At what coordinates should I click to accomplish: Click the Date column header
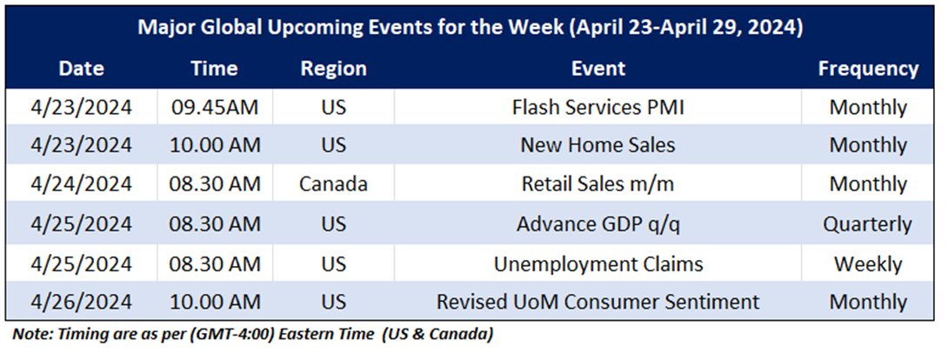pos(81,68)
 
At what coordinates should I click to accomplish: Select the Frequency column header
pos(868,68)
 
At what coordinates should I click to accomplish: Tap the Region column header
pos(334,68)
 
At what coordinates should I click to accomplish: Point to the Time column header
pos(214,68)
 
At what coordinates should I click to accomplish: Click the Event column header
pos(598,68)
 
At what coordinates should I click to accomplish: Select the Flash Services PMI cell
pos(598,107)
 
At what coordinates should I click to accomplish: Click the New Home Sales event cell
pos(598,145)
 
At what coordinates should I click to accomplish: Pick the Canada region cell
pos(334,183)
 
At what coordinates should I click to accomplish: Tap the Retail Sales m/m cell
pos(598,183)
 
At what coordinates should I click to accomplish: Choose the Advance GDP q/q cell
pos(598,224)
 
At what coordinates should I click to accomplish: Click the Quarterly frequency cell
pos(868,224)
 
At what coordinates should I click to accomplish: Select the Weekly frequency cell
pos(868,264)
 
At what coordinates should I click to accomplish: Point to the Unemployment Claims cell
pos(598,264)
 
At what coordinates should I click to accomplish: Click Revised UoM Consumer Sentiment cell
pos(598,302)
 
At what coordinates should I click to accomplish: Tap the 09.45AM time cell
pos(215,107)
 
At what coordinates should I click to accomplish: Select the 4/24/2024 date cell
pos(81,183)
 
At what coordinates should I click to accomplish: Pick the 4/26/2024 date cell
pos(81,302)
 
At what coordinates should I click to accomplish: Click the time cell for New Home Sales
pos(215,145)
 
